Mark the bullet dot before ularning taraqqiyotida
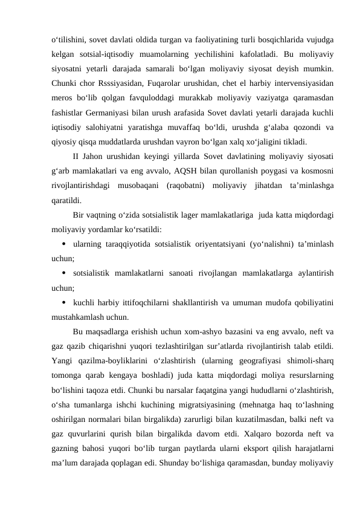(63, 244)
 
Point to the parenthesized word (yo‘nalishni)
(264, 244)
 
